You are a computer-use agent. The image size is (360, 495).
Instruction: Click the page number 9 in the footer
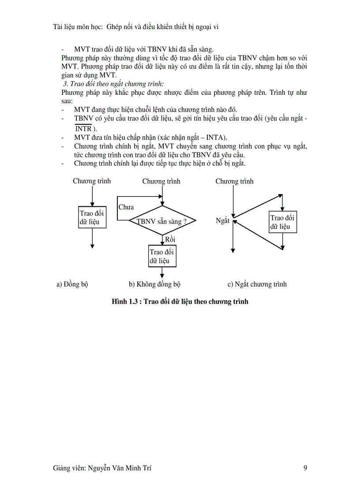305,469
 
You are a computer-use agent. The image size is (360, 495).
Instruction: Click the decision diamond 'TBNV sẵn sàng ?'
162,221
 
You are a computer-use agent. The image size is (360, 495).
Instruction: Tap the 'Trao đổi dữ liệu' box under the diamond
162,256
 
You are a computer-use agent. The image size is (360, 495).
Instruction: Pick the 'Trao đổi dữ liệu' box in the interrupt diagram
283,222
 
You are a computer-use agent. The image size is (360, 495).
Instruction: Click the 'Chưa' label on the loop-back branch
126,207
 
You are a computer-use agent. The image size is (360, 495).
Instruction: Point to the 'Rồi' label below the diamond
170,239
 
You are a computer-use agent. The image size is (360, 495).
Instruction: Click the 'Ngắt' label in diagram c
222,220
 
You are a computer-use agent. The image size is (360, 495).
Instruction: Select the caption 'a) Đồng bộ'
72,284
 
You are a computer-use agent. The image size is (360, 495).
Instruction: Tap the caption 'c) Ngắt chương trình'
257,284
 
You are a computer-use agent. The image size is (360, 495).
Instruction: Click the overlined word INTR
83,129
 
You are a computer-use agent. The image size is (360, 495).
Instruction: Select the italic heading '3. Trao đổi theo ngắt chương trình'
113,83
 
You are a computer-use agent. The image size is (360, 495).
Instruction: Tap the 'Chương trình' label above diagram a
92,181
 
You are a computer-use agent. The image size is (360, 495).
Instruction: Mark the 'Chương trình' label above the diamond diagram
161,181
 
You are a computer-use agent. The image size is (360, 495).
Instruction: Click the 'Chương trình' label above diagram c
234,181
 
